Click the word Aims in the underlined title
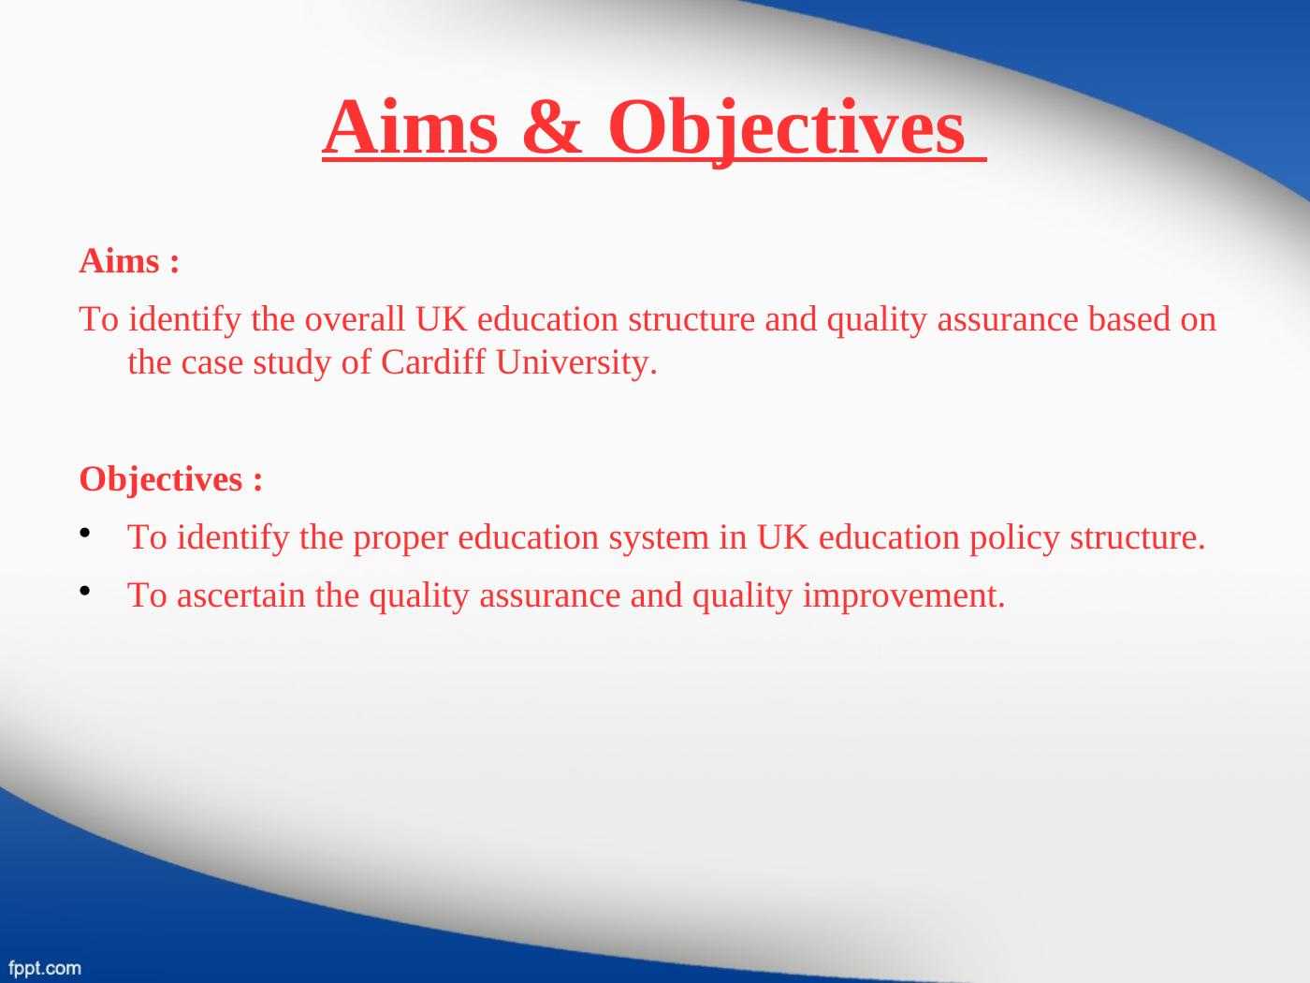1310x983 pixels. click(411, 127)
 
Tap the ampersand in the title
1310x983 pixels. click(552, 127)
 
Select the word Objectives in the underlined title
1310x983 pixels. click(786, 130)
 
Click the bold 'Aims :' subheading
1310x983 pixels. click(129, 261)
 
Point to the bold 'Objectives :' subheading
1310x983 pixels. click(170, 480)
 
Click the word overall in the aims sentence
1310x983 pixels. click(355, 318)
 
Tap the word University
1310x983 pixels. click(576, 363)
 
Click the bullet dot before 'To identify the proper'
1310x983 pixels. click(85, 532)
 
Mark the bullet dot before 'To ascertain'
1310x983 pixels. click(85, 591)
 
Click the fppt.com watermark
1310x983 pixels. click(45, 967)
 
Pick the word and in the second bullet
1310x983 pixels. click(656, 595)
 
